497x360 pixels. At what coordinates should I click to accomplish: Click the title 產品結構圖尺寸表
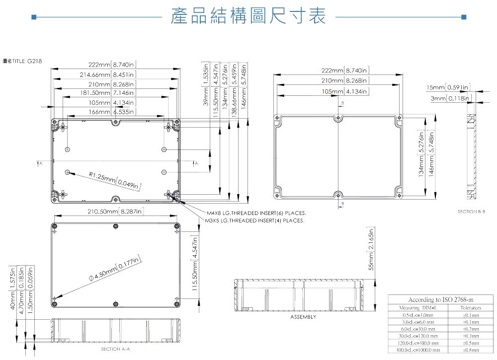coord(248,17)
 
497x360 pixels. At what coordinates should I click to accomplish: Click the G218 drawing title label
coord(22,61)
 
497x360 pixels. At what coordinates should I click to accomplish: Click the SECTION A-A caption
coord(115,350)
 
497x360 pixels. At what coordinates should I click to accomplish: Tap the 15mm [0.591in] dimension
coord(448,88)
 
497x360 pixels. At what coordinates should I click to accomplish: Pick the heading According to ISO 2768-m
coord(440,300)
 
